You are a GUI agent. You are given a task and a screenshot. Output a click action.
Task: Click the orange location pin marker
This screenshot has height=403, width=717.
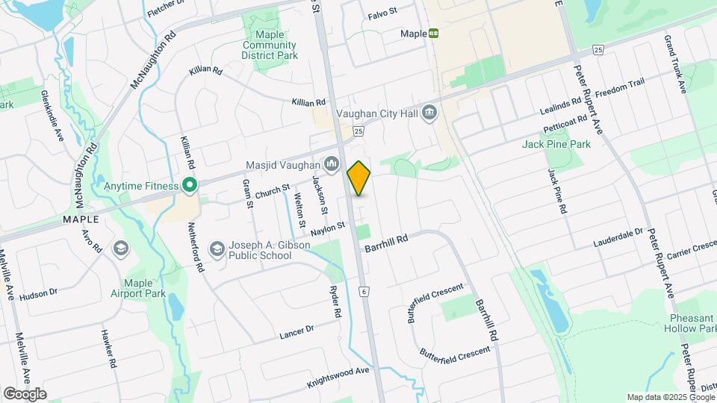[359, 178]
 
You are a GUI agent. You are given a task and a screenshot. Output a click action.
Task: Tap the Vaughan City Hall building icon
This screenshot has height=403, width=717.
[429, 113]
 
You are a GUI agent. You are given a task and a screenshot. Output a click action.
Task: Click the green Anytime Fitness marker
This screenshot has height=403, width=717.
[190, 186]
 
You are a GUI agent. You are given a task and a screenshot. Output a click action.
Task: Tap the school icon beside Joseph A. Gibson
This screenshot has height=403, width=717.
[217, 249]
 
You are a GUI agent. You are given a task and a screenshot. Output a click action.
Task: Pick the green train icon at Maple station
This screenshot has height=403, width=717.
[433, 34]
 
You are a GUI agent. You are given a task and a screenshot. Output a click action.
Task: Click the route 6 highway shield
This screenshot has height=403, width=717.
[364, 290]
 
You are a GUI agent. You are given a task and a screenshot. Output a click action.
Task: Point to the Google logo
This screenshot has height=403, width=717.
[24, 393]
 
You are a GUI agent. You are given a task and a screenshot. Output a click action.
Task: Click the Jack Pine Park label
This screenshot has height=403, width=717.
[556, 144]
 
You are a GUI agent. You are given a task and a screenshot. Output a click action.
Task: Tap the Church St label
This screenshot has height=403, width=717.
[272, 192]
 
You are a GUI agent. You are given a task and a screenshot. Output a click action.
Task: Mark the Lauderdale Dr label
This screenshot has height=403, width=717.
[618, 237]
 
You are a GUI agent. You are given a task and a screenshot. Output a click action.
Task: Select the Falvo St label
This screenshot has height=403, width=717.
[383, 15]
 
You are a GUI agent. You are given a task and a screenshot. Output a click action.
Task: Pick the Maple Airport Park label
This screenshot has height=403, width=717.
[144, 288]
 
